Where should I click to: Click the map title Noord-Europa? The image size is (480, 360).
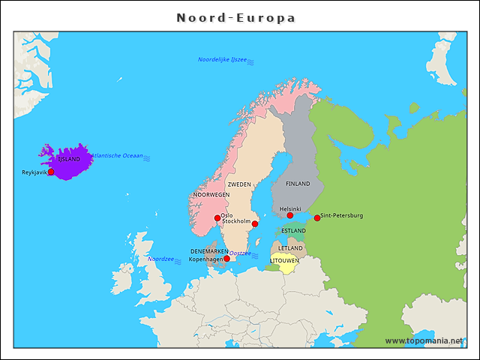pos(235,17)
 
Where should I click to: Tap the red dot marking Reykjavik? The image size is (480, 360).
pos(51,172)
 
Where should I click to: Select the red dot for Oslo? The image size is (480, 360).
pos(217,218)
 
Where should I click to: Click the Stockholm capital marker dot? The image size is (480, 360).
pos(255,223)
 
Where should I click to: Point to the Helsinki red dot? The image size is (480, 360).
pos(290,216)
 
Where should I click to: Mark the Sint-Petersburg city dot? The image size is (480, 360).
pos(317,218)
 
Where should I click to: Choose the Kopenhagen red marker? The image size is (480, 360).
pos(226,259)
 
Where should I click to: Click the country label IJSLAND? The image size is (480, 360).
pos(69,159)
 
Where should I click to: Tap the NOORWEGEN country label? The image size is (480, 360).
pos(211,194)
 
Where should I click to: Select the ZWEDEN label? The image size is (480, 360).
pos(239,184)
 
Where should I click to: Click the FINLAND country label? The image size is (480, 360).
pos(298,184)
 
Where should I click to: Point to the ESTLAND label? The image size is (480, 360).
pos(293,231)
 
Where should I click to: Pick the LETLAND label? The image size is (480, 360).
pos(290,247)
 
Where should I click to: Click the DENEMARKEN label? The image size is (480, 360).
pos(209,251)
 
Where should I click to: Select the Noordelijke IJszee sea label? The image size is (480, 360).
pos(222,59)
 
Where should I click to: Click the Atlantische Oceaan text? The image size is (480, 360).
pos(116,156)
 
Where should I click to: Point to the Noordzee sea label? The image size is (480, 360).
pos(160,259)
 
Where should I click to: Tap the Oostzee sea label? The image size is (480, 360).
pos(240,253)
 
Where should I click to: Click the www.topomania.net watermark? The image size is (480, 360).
pos(424,340)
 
